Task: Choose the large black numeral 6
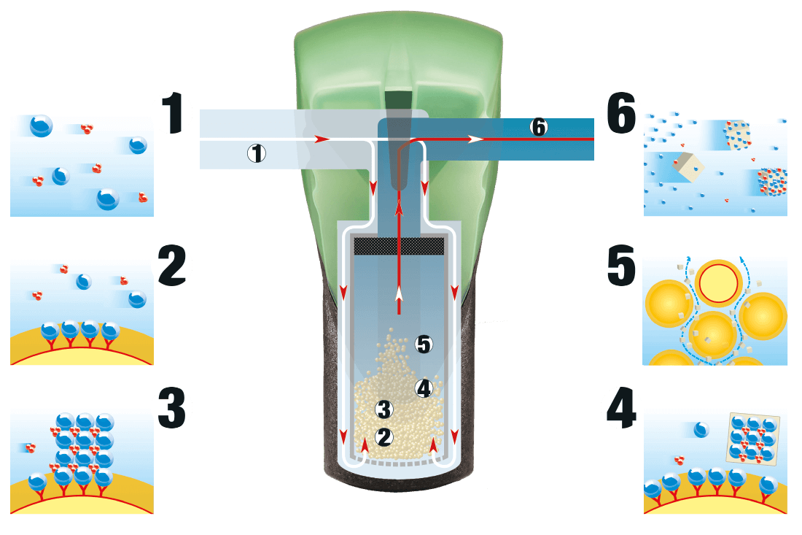620,117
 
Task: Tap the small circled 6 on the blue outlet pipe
538,126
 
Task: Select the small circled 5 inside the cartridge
424,344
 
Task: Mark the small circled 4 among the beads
424,388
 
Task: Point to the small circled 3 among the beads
384,409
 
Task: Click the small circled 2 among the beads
384,436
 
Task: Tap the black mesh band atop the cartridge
399,246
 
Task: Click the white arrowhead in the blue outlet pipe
475,138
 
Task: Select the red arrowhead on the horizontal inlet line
318,138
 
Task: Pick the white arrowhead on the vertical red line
399,293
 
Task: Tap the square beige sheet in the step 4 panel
754,439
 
